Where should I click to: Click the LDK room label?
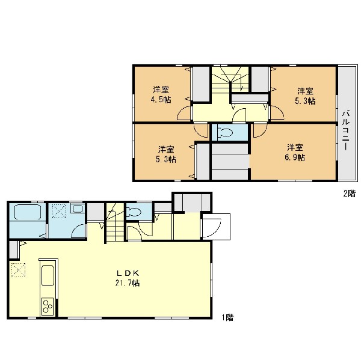[128, 273]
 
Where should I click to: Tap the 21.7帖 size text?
[128, 283]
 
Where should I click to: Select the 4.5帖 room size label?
[161, 100]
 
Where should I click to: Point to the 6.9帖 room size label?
[295, 157]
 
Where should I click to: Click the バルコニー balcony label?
[346, 130]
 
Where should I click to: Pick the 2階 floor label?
[350, 194]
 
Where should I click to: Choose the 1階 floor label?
[227, 318]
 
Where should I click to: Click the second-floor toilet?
[225, 132]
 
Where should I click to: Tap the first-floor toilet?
[134, 212]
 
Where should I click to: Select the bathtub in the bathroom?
[28, 212]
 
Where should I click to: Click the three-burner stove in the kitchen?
[48, 307]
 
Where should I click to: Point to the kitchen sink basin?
[48, 276]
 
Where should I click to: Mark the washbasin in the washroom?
[78, 209]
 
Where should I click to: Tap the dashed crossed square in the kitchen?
[18, 270]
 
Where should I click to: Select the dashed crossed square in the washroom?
[59, 211]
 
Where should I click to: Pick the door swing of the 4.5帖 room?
[184, 114]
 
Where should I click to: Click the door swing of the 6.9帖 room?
[261, 130]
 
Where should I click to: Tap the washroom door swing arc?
[78, 231]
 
